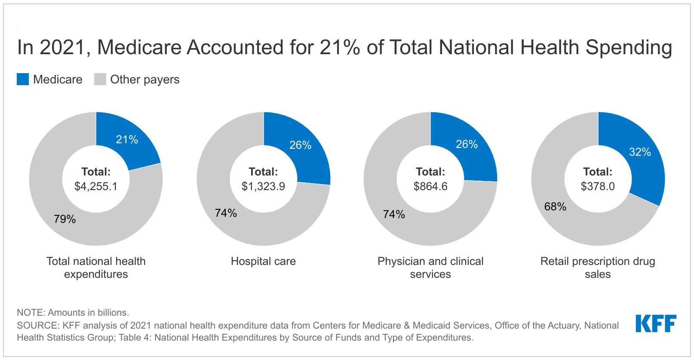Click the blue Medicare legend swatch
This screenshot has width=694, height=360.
click(x=23, y=79)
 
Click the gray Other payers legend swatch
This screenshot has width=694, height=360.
click(x=100, y=79)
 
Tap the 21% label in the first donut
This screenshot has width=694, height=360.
click(x=127, y=139)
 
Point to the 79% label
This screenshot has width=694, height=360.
click(x=65, y=219)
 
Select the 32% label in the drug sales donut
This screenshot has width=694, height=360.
click(x=640, y=152)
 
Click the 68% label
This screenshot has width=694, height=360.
click(x=555, y=206)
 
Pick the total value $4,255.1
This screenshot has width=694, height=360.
click(x=96, y=186)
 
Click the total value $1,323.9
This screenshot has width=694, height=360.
click(x=263, y=186)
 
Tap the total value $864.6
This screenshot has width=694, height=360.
click(x=430, y=186)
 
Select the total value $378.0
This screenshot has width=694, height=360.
click(x=598, y=186)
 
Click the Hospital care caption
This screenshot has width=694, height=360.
click(x=263, y=261)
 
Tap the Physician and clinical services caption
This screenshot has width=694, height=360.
click(x=430, y=268)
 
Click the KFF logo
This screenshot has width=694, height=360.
click(x=656, y=323)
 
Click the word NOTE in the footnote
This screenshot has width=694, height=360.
click(x=30, y=312)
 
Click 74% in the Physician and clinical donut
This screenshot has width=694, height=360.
click(x=394, y=214)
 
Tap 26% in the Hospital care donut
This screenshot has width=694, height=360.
click(x=300, y=145)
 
